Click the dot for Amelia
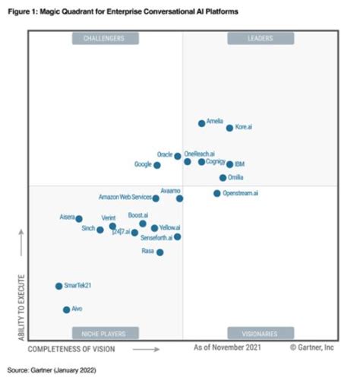point(201,123)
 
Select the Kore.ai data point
point(229,128)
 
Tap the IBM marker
point(229,164)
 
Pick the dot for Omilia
point(223,178)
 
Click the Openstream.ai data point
point(216,193)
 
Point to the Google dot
point(157,165)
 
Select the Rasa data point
point(159,252)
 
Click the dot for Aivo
point(66,310)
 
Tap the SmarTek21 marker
point(58,286)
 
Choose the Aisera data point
point(79,218)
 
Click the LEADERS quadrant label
point(261,38)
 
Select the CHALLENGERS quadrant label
point(105,38)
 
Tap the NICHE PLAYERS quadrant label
point(105,333)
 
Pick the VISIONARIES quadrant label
point(261,333)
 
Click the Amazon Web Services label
point(125,197)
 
